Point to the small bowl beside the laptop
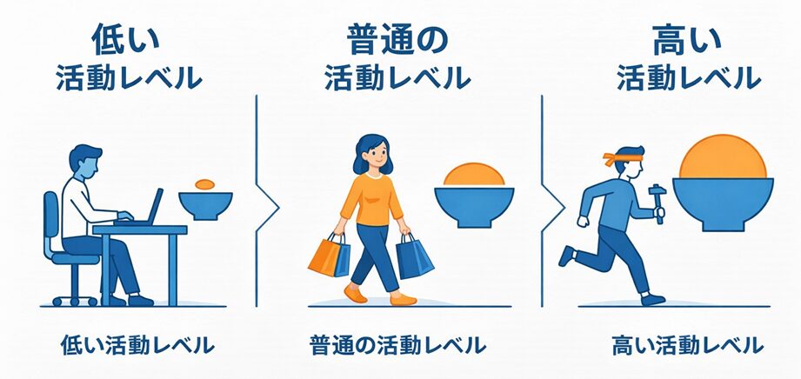click(x=205, y=205)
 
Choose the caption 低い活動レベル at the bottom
click(x=137, y=345)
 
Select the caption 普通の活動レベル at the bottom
click(x=397, y=345)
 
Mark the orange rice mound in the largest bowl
click(x=724, y=156)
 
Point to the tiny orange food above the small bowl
click(x=205, y=184)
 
